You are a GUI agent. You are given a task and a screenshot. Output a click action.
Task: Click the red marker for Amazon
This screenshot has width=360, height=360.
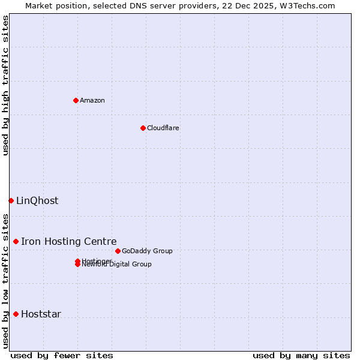76,100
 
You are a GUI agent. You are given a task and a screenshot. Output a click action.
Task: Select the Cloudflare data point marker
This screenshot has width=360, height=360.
143,128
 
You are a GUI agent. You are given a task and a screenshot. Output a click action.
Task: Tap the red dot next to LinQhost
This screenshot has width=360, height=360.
11,200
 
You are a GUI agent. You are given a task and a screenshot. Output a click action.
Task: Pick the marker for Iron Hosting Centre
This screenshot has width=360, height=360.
16,241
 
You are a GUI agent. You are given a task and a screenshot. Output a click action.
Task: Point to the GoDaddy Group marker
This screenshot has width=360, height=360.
118,251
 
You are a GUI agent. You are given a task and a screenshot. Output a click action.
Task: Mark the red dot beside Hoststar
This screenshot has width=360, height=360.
16,314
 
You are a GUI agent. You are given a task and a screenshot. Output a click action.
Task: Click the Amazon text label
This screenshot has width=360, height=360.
92,100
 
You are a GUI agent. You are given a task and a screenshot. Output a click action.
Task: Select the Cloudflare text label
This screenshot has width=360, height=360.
163,128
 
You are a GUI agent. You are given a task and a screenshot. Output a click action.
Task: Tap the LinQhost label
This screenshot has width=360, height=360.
37,200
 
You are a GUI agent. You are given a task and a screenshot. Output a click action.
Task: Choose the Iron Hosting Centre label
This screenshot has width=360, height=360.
68,241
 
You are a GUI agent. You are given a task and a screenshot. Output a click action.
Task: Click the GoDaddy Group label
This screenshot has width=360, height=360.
147,251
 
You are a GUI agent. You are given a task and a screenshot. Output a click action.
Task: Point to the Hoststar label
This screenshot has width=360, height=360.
41,314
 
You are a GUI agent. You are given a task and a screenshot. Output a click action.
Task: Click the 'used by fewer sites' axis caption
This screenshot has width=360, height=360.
62,355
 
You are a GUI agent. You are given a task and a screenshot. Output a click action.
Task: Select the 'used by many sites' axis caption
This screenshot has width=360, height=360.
301,355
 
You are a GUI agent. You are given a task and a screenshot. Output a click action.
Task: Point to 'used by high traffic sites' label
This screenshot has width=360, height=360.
5,85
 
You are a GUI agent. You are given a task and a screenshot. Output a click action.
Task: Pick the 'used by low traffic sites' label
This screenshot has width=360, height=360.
5,281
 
